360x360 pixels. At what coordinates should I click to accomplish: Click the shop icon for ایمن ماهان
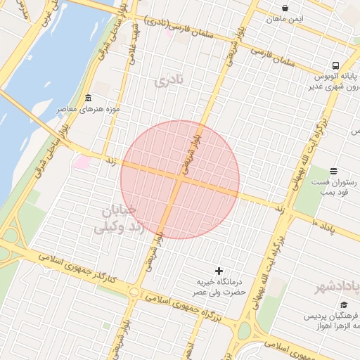284,8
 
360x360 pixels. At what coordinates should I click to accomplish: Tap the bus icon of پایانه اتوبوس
335,64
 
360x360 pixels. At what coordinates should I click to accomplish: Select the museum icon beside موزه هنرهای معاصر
87,98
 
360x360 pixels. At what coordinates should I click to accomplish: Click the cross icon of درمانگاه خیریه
219,271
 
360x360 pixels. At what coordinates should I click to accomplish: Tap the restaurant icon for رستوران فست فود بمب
333,171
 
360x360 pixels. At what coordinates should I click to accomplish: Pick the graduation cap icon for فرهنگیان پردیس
344,304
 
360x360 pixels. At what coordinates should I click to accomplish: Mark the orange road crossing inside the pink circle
180,179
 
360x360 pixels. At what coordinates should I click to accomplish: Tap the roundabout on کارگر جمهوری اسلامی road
134,292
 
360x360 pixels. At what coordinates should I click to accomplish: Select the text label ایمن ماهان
284,18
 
